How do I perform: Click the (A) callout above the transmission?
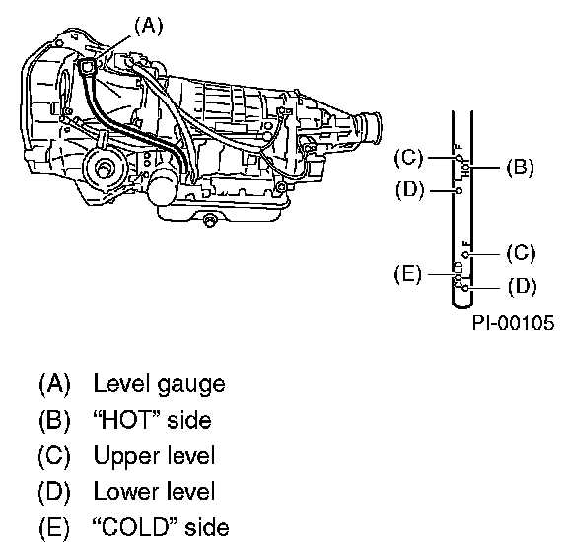pos(149,27)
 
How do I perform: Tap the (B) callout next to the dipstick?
pos(520,168)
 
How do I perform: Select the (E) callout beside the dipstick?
pos(408,274)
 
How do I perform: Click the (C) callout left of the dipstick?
pos(408,158)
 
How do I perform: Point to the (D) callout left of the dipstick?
pos(409,190)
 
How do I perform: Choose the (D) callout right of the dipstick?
pos(522,286)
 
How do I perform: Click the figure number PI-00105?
pos(514,322)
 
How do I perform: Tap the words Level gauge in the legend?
pos(159,385)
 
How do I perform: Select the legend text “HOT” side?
pos(152,420)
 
